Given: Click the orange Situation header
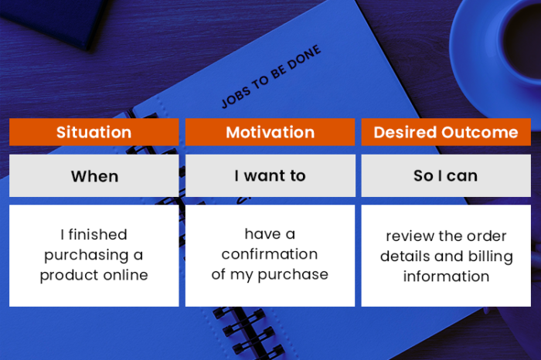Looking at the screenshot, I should pos(94,132).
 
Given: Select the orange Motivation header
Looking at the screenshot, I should pos(270,132).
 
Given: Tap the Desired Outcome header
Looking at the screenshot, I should pos(446,132).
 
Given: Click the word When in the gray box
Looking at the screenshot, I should pos(94,176).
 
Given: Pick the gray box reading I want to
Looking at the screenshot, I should pos(270,176).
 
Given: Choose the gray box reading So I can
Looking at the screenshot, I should pos(446,176).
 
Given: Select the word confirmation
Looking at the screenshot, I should pos(270,254).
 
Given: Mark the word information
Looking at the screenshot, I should pos(446,277).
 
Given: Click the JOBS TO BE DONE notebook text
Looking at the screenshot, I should pos(270,77).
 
